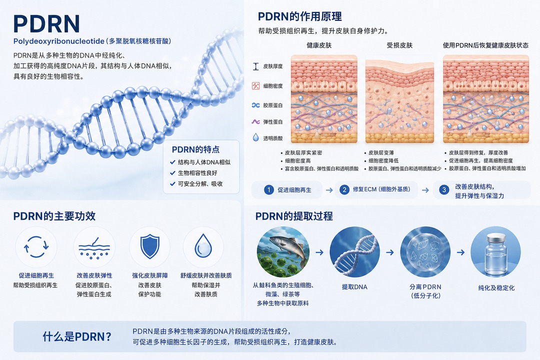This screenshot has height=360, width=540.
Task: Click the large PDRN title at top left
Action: (x=46, y=24)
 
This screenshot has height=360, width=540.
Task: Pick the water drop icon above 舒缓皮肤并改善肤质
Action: (x=203, y=246)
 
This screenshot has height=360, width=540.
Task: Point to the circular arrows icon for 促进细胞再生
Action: (x=36, y=246)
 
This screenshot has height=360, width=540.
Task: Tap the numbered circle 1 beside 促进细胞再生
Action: (x=268, y=190)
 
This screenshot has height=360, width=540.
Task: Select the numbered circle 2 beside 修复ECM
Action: (x=344, y=189)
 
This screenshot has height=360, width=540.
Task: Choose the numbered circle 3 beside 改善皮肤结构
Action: (x=444, y=190)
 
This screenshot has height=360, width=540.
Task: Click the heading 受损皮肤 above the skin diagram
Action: (x=399, y=45)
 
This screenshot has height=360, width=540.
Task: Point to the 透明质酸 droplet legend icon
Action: (x=255, y=138)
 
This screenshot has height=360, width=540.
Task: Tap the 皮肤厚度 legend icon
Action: (x=255, y=66)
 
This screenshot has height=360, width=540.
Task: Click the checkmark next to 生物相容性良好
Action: (x=173, y=173)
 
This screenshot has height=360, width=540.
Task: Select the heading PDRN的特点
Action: (x=195, y=149)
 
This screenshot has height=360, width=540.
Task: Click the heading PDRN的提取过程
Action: (x=294, y=216)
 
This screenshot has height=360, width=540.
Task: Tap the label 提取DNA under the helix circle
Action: (x=354, y=286)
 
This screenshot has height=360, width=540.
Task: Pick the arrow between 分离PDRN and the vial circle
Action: (x=461, y=252)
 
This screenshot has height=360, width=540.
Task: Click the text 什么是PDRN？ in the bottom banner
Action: (x=77, y=336)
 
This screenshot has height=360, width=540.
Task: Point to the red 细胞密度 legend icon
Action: (x=255, y=86)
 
